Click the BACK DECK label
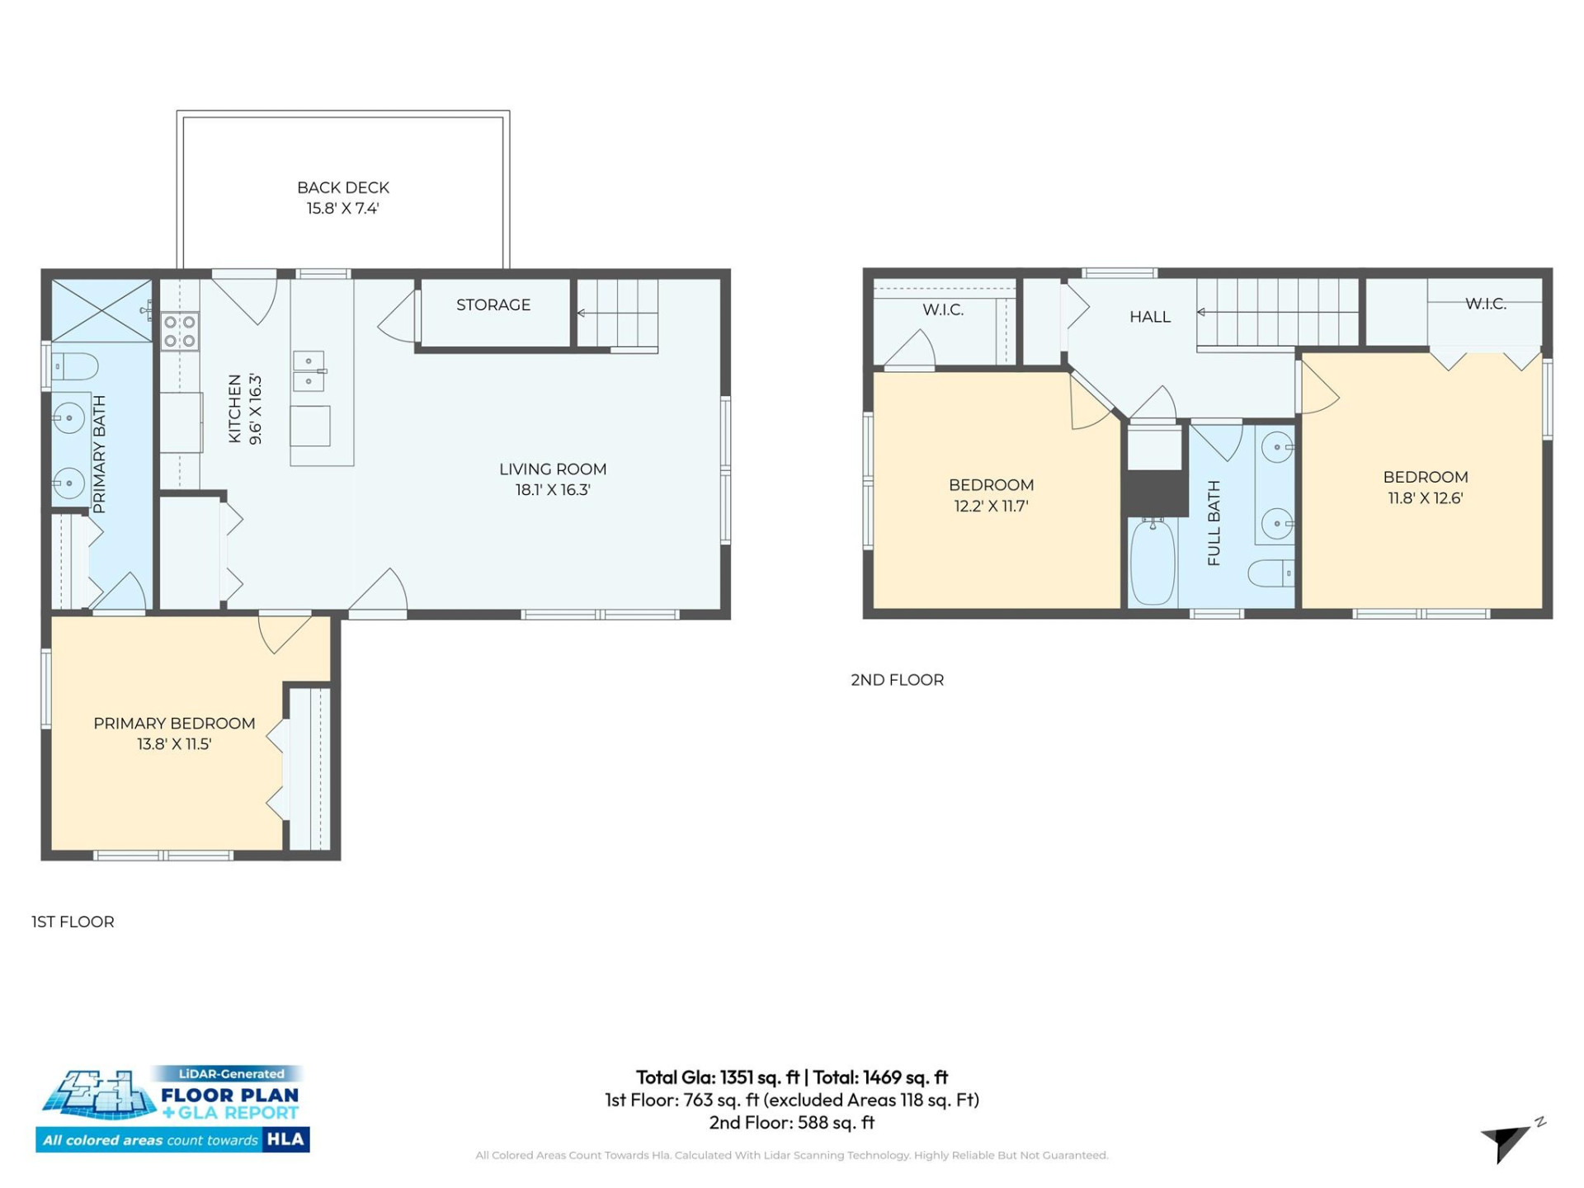tap(342, 188)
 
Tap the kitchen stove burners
tap(179, 331)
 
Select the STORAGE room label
tap(493, 305)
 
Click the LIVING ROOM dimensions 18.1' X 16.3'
tap(552, 490)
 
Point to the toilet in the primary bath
tap(75, 365)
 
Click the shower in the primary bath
tap(101, 310)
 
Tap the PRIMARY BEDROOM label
tap(174, 724)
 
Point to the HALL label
tap(1149, 317)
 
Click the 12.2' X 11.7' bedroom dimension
tap(991, 507)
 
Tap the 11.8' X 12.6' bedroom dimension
tap(1425, 498)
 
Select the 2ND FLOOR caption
tap(897, 680)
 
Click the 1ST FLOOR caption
tap(73, 922)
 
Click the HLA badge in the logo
tap(285, 1139)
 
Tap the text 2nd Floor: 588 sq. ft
tap(791, 1123)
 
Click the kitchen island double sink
tap(309, 371)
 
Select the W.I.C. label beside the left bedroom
tap(943, 310)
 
